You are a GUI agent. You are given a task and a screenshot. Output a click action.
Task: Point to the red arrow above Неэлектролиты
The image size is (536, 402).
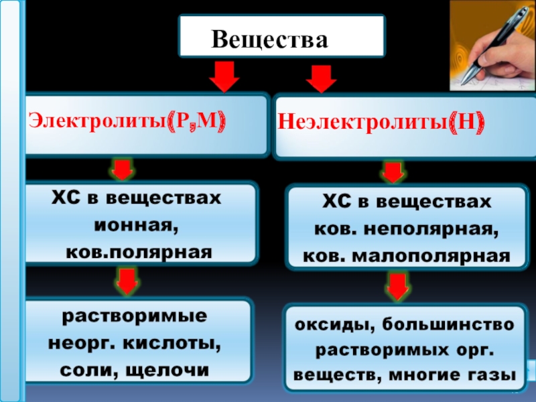(x=321, y=78)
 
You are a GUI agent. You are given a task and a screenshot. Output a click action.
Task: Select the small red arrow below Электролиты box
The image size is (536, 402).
(x=121, y=170)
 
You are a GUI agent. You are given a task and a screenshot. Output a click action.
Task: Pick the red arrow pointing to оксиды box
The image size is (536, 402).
(x=397, y=286)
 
